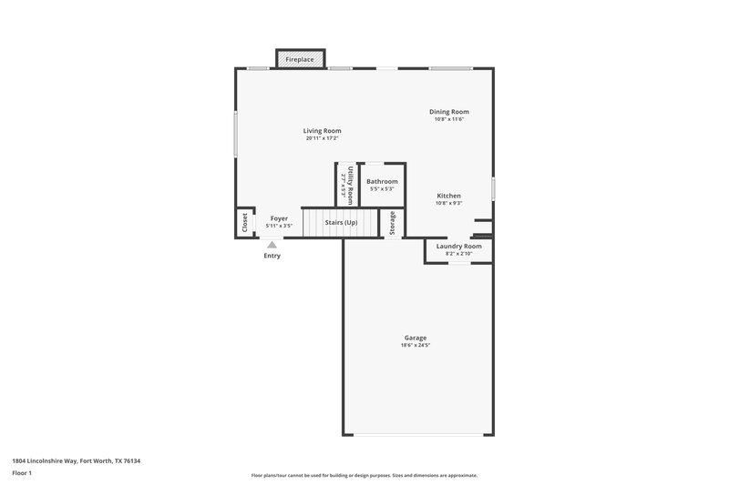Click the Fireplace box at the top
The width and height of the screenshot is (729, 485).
[300, 59]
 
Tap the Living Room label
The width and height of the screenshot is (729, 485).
[323, 131]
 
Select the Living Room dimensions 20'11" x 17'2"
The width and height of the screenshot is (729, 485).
[323, 138]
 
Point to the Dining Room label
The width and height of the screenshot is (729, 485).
[449, 112]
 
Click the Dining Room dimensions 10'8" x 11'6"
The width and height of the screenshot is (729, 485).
[449, 119]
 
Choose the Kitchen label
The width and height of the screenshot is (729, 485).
[448, 196]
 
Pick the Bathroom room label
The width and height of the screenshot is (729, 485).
[382, 181]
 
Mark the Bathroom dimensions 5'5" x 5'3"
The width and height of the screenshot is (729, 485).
[382, 188]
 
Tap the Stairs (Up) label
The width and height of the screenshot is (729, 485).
[340, 222]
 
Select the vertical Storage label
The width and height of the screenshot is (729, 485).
[393, 224]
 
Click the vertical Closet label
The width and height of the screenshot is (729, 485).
[244, 222]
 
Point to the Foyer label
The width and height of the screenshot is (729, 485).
[279, 218]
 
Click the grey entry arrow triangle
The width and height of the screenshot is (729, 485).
[272, 244]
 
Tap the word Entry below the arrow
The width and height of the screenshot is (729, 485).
[272, 256]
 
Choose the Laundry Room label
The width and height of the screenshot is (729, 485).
[458, 246]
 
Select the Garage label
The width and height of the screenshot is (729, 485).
[416, 338]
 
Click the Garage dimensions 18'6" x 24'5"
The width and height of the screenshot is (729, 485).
[416, 345]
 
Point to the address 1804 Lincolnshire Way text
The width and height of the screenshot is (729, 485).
[77, 461]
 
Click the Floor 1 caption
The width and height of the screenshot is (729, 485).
[23, 474]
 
